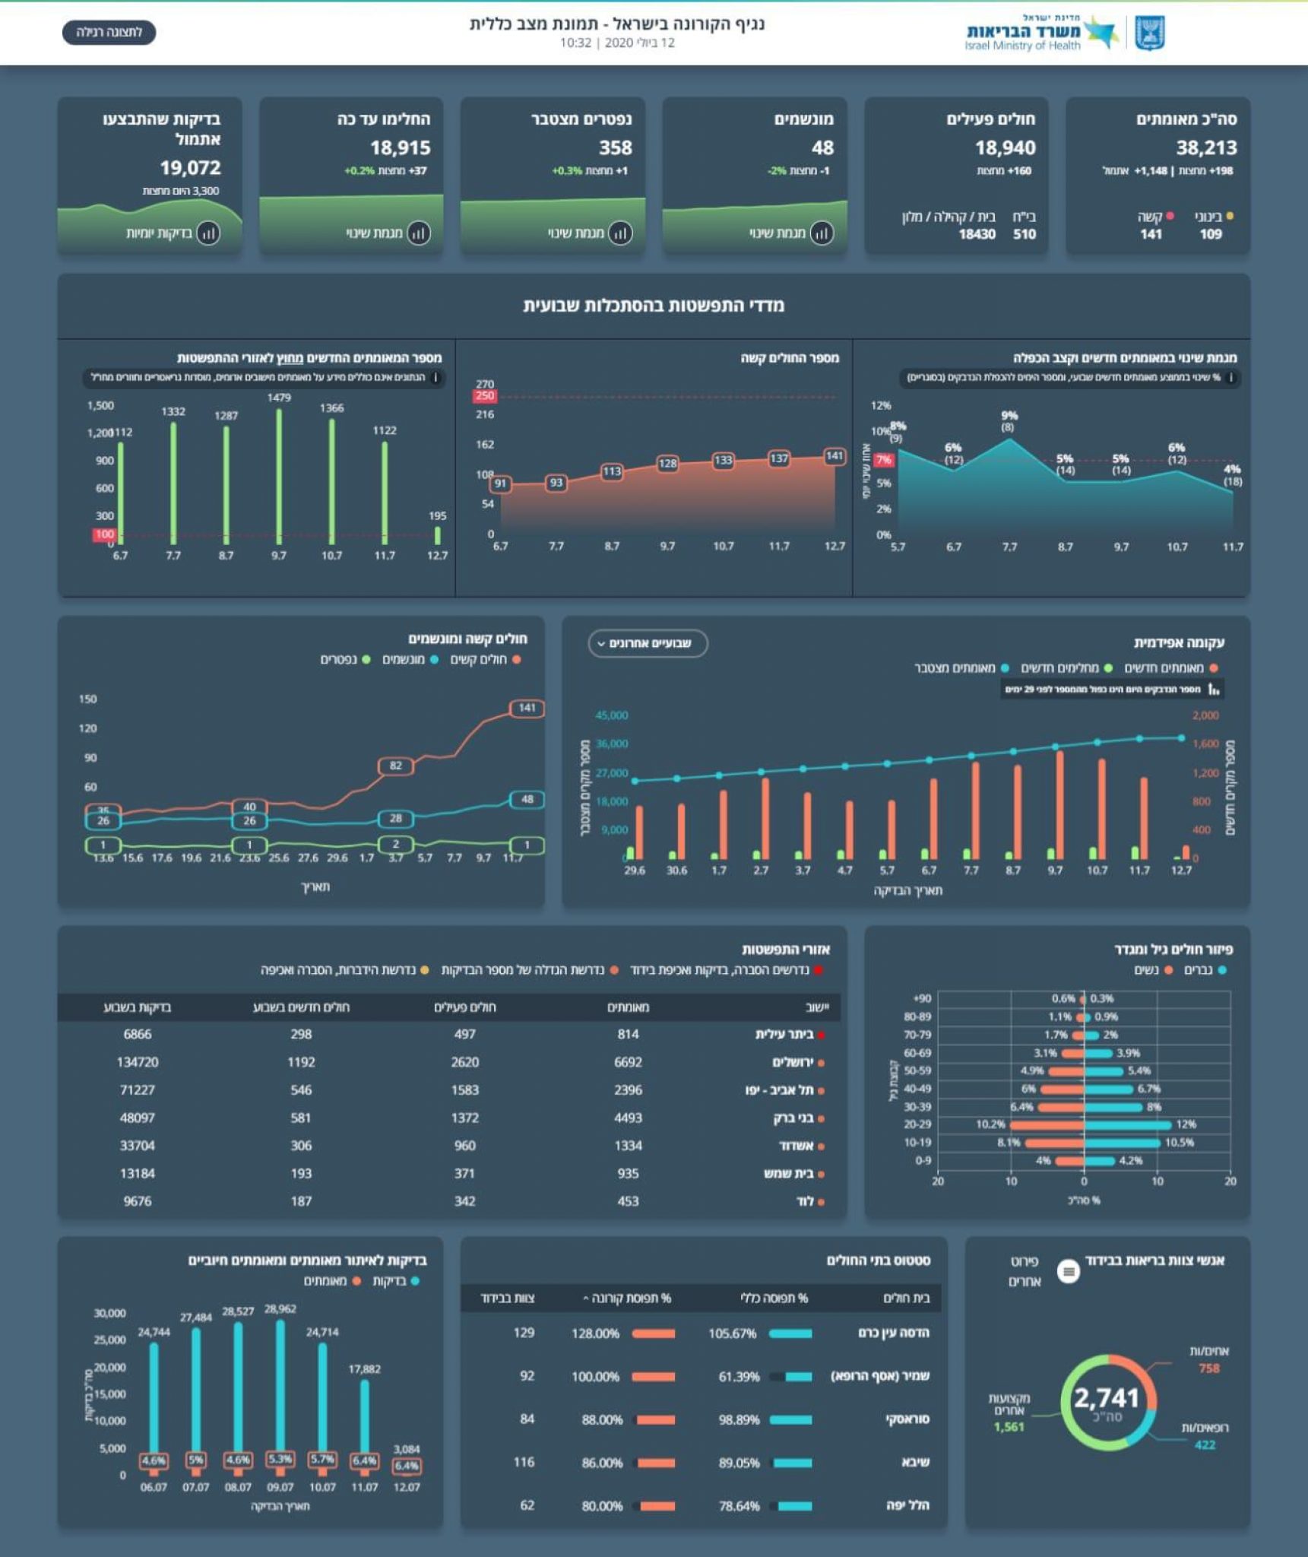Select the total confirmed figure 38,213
point(1206,147)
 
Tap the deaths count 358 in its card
point(615,147)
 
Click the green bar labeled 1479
point(279,475)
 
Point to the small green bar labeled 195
point(437,535)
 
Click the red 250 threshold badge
point(484,395)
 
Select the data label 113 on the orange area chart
point(612,471)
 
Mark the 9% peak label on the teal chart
point(1009,416)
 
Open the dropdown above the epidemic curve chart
point(648,643)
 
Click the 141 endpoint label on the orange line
point(527,708)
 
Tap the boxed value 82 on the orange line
point(395,766)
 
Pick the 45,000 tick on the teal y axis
point(611,715)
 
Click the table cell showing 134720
point(138,1062)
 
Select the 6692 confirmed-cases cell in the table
point(628,1062)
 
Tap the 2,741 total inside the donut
point(1106,1398)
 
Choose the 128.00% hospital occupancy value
point(595,1333)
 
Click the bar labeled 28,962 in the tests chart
point(280,1387)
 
